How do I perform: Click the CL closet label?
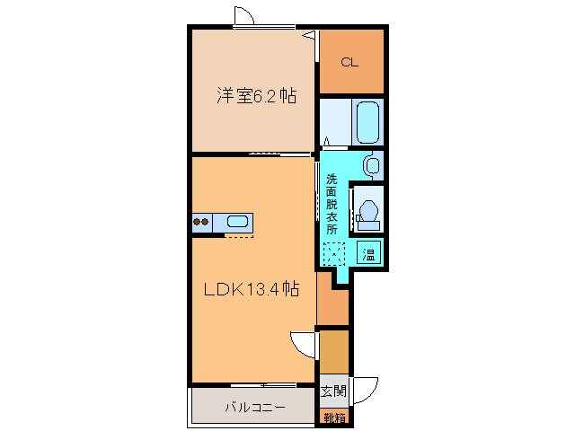click(x=350, y=62)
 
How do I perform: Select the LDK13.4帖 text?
click(x=251, y=289)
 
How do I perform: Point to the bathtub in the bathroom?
click(x=368, y=122)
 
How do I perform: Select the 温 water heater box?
click(x=368, y=252)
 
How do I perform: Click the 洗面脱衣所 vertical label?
click(x=332, y=203)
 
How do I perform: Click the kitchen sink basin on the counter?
click(x=238, y=222)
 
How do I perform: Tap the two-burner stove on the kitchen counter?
click(x=202, y=222)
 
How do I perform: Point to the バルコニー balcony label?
click(x=255, y=407)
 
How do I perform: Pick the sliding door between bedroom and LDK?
click(x=274, y=154)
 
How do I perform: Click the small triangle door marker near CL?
click(x=310, y=35)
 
